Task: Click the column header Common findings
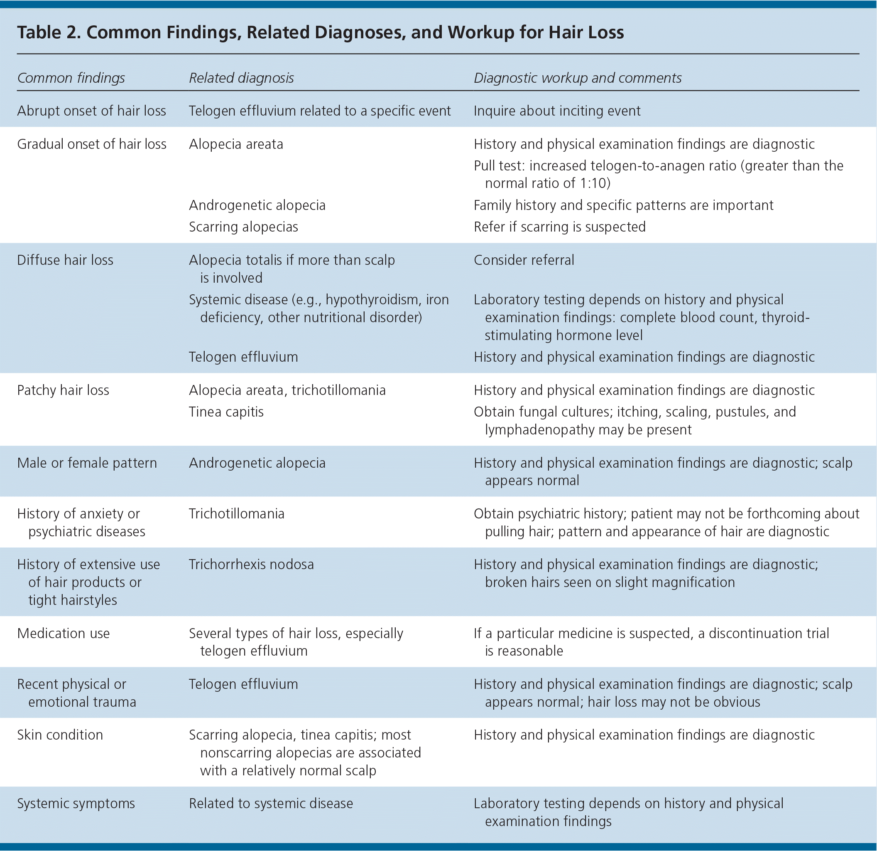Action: (71, 78)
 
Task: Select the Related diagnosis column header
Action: (241, 78)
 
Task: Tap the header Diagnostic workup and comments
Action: (577, 78)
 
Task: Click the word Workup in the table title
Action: (480, 32)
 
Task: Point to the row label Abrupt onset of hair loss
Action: (91, 111)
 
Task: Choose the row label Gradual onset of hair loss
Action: (91, 144)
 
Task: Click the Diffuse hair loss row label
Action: (65, 260)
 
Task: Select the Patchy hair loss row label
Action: (63, 390)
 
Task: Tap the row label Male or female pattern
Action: (87, 463)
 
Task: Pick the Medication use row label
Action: (63, 633)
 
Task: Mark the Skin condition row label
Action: (59, 735)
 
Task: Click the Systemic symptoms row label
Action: (76, 803)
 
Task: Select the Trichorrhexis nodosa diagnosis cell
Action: (251, 564)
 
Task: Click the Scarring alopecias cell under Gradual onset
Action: (243, 227)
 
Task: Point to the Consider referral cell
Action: (524, 260)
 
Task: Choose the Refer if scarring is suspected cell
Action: (559, 227)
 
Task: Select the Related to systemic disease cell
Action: (271, 803)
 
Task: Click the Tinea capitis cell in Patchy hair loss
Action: (226, 412)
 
